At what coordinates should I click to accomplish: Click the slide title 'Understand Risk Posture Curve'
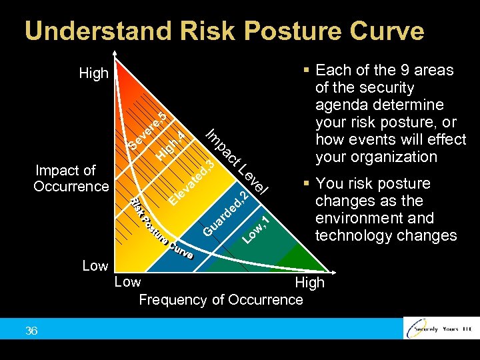point(224,31)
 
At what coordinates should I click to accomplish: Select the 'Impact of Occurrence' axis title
point(71,178)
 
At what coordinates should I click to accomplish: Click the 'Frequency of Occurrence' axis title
point(221,299)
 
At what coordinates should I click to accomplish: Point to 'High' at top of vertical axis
point(93,73)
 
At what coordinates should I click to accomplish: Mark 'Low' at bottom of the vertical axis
point(95,266)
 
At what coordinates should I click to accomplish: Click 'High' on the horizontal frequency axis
point(309,282)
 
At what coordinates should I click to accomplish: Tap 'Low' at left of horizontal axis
point(127,281)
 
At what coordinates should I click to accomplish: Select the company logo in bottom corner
point(441,329)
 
